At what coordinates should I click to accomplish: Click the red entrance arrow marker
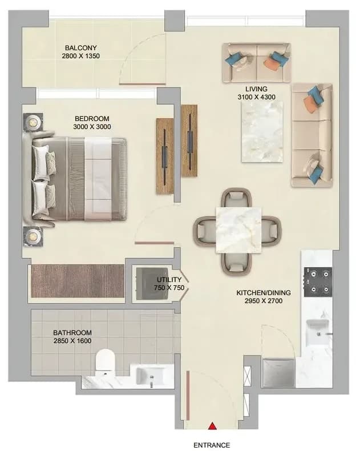(x=212, y=426)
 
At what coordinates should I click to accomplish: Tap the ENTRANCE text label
(x=212, y=445)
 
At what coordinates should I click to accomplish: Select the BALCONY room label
(x=81, y=48)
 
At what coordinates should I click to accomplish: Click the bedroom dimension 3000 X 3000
(x=92, y=127)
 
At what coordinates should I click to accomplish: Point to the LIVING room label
(x=256, y=89)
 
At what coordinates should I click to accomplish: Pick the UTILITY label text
(x=169, y=280)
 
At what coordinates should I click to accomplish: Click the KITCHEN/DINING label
(x=264, y=293)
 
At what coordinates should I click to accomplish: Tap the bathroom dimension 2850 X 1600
(x=72, y=341)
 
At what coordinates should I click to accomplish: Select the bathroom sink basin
(x=151, y=375)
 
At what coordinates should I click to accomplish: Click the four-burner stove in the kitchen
(x=318, y=282)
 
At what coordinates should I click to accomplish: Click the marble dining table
(x=238, y=231)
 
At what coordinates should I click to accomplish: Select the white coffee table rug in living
(x=262, y=131)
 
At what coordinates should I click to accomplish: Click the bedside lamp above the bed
(x=33, y=122)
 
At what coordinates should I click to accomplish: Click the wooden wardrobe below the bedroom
(x=78, y=281)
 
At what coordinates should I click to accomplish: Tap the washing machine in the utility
(x=152, y=284)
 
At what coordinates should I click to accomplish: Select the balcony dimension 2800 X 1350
(x=81, y=56)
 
